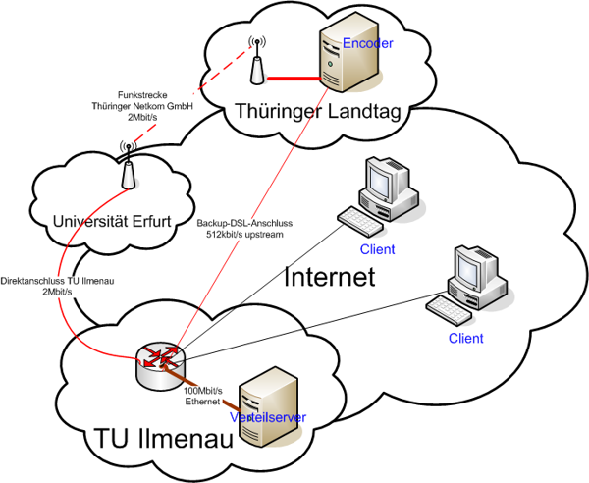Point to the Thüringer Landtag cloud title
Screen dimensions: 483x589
pyautogui.click(x=318, y=113)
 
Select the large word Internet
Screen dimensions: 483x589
pyautogui.click(x=330, y=277)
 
